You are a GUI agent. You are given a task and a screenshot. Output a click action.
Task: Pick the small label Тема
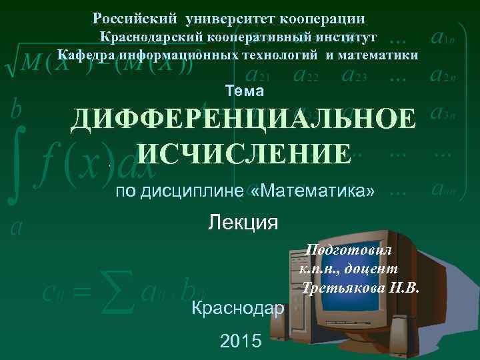(245, 91)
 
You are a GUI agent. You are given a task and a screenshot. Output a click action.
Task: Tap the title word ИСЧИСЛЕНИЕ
(243, 154)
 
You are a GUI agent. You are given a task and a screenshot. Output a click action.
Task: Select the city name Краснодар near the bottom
(237, 308)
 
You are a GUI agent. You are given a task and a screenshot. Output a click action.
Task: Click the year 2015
(241, 342)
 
